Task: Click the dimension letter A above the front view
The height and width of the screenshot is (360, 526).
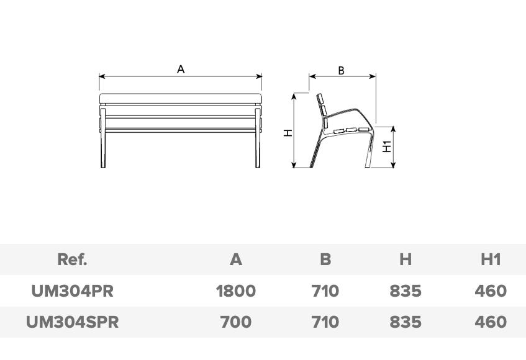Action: (181, 70)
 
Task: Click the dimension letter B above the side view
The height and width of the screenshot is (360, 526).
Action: (341, 71)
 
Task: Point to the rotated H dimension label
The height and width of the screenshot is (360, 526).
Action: (288, 133)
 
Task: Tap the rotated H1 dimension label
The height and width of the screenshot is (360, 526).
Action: (387, 146)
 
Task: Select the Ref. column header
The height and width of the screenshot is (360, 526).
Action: (72, 259)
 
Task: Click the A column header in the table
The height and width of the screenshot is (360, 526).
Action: (236, 259)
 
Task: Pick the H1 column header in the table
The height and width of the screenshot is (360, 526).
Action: (491, 259)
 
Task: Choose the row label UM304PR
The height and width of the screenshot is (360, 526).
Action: (73, 291)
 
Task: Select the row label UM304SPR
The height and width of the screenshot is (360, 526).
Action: (73, 322)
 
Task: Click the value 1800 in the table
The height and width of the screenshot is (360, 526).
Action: (236, 291)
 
